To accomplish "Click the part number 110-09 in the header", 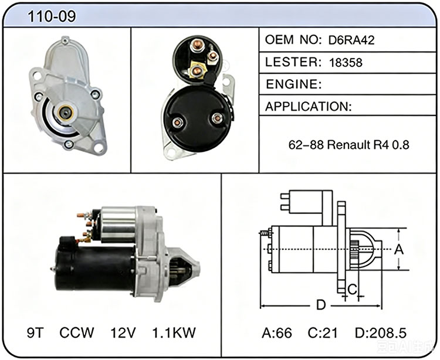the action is tap(52, 16).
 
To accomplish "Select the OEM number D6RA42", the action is tap(351, 40).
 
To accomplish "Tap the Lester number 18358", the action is tap(346, 63).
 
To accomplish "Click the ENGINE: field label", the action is tap(293, 84).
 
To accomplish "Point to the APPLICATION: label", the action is tap(308, 107).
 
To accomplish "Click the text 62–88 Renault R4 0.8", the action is tap(349, 145).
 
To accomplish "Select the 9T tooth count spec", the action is tap(35, 332).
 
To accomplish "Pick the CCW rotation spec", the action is tap(77, 332).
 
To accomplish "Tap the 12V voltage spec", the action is tap(123, 332).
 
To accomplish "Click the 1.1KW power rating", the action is tap(174, 332).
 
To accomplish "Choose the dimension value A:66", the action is tap(277, 333).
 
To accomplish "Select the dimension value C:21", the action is tap(323, 333).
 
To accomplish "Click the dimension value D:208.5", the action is tap(381, 333).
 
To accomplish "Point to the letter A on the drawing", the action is tap(399, 249).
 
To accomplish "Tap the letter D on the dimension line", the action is tap(321, 305).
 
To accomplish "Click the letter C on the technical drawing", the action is tap(352, 289).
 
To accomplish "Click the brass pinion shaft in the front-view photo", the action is tap(66, 113).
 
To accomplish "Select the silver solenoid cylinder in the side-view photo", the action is tap(119, 225).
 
